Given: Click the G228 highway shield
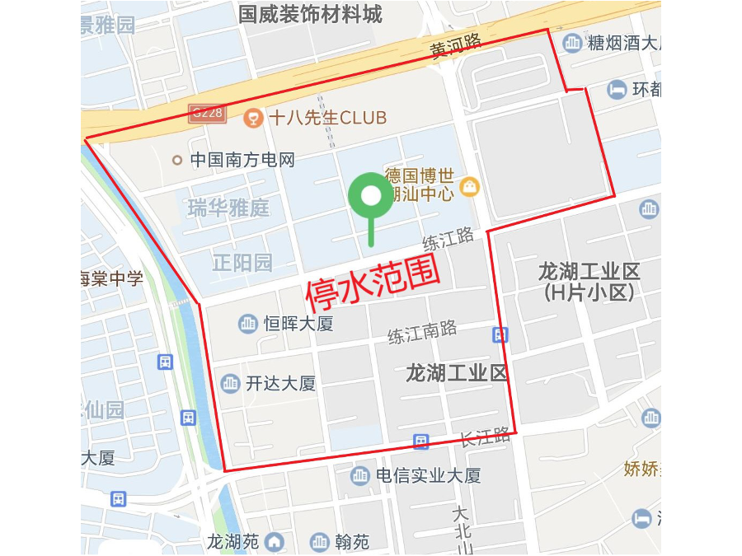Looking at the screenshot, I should click(x=207, y=113).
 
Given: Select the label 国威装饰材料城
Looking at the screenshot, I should click(x=310, y=14).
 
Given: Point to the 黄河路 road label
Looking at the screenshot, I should click(x=455, y=46).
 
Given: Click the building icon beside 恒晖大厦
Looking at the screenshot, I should click(x=248, y=324).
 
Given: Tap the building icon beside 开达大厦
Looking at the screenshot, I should click(x=230, y=383).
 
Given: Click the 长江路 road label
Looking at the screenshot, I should click(x=485, y=437).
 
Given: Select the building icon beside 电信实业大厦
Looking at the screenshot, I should click(x=360, y=475).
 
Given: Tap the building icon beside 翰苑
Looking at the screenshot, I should click(x=319, y=542).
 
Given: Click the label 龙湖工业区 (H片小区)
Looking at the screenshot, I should click(x=589, y=281).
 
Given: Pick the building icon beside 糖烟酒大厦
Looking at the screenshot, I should click(x=571, y=42).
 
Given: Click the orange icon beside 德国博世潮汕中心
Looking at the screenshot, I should click(x=470, y=186).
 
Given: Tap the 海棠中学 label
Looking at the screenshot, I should click(x=111, y=278).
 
